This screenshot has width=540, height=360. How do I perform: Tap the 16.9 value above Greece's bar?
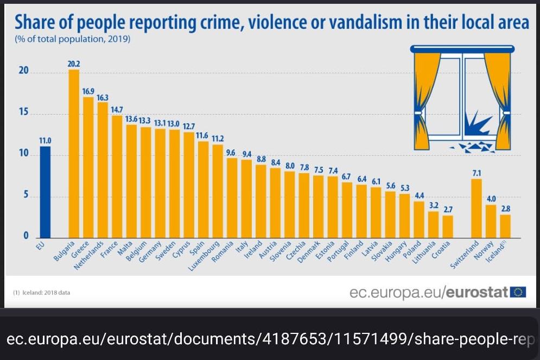pyautogui.click(x=88, y=91)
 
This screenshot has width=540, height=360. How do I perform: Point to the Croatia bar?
pyautogui.click(x=447, y=226)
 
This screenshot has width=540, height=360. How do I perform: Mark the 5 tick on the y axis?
pyautogui.click(x=24, y=196)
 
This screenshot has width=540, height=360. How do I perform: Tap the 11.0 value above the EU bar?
pyautogui.click(x=45, y=140)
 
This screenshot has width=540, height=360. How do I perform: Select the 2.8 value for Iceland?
pyautogui.click(x=505, y=209)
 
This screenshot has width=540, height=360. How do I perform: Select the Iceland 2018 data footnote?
pyautogui.click(x=41, y=293)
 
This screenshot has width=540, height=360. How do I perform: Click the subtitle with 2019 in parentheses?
pyautogui.click(x=73, y=40)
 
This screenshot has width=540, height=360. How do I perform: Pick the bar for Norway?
pyautogui.click(x=491, y=221)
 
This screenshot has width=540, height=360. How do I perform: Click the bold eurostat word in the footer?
pyautogui.click(x=477, y=293)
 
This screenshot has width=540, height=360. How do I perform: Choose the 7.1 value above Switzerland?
pyautogui.click(x=477, y=173)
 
